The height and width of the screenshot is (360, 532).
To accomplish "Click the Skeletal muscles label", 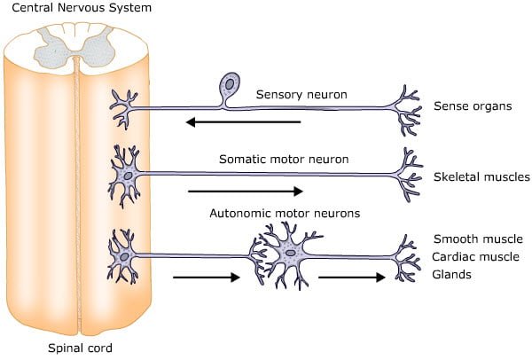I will click(x=481, y=177).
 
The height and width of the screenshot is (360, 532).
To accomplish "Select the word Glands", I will click(x=452, y=275).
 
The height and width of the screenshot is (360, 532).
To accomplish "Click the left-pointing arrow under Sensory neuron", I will click(x=243, y=122).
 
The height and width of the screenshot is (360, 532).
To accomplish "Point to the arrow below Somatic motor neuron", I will click(x=246, y=190).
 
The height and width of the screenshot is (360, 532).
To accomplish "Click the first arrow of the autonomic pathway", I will click(x=207, y=277).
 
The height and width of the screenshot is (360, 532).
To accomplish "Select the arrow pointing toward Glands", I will click(x=352, y=277).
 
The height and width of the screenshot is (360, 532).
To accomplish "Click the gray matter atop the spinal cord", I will click(x=74, y=41).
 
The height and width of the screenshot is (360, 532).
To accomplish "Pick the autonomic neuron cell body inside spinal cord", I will click(x=125, y=255).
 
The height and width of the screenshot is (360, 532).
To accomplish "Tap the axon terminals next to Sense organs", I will click(x=410, y=110).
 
